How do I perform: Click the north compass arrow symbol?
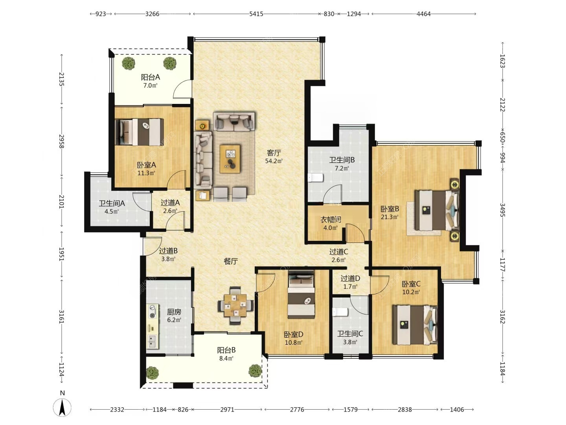coord(62,407)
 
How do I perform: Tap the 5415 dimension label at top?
coord(256,14)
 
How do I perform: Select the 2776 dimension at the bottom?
coord(297,409)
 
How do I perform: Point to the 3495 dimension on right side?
coord(502,210)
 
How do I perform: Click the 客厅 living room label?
coord(274,153)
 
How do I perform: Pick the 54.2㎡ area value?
coord(274,161)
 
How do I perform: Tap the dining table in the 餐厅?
coord(235,305)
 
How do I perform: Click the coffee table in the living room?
coord(230,159)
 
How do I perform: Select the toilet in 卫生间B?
coord(315,178)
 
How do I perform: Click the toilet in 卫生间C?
coord(340,312)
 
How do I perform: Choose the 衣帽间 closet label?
coord(331,220)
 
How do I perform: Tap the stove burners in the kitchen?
coord(153,311)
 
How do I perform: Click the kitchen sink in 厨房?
coord(153,341)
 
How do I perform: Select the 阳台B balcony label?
coord(226,350)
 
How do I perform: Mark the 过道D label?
coord(350,279)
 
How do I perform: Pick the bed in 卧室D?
coord(301,294)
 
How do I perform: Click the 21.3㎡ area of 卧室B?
coord(390,217)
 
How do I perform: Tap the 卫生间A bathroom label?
coord(112,203)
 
